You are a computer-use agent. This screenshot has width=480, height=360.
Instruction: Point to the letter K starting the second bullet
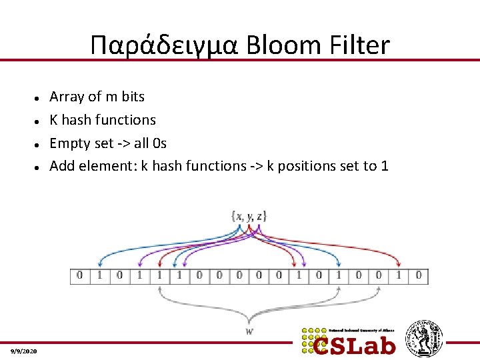tap(54, 120)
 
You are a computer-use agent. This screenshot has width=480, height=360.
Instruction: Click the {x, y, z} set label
tap(248, 216)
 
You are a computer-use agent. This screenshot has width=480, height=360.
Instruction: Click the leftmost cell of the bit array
tap(79, 275)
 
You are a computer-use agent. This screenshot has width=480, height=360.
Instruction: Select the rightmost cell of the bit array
tap(418, 275)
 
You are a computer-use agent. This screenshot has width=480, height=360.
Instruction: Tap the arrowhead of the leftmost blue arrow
tap(99, 264)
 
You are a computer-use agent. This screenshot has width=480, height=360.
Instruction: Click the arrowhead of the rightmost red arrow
tap(399, 264)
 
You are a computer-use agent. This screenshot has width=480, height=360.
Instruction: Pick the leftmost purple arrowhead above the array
tap(139, 264)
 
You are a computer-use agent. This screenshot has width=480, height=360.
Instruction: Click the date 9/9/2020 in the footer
tap(24, 351)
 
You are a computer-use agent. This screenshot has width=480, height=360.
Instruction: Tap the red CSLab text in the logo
tap(355, 345)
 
